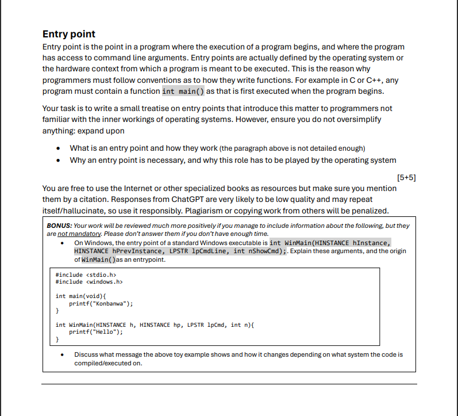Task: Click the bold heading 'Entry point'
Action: (x=69, y=34)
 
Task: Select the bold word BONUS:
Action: (x=59, y=226)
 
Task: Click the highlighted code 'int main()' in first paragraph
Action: (x=183, y=91)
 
